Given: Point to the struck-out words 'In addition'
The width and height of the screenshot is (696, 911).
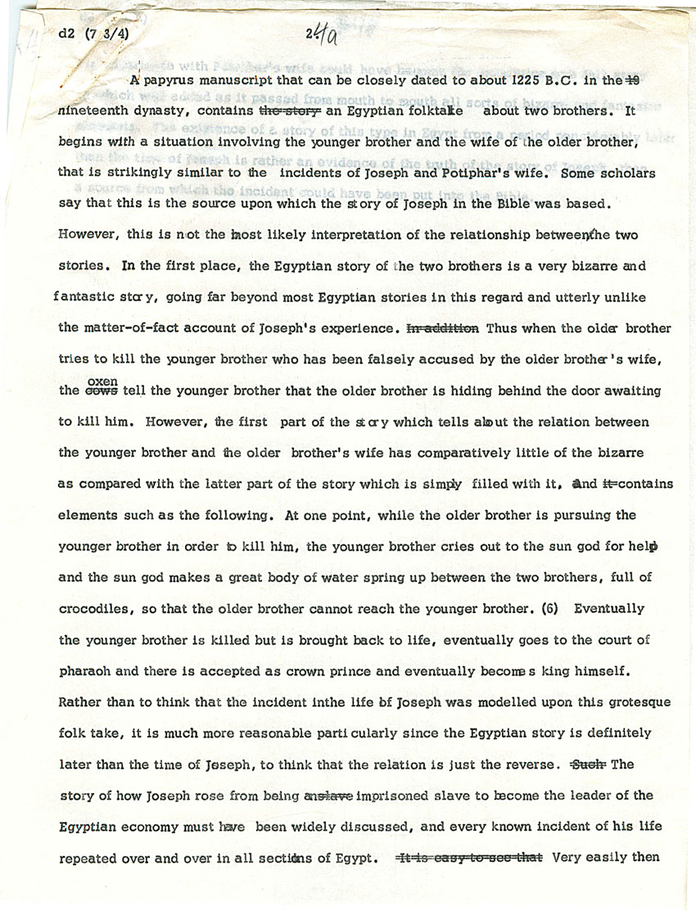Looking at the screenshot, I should [x=442, y=328].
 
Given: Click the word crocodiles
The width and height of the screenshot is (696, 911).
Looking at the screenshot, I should [x=101, y=610].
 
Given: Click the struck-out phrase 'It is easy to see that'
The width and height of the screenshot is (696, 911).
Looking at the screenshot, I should [x=470, y=858].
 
